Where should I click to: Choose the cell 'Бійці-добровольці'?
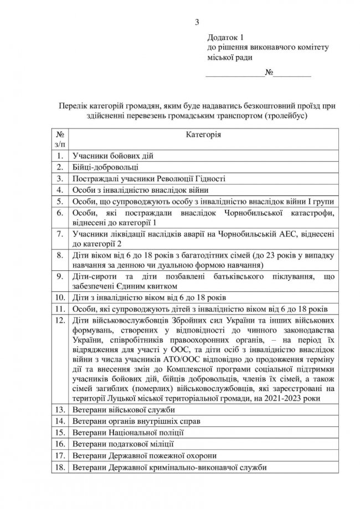pos(102,167)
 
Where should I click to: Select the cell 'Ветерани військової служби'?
pos(121,410)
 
